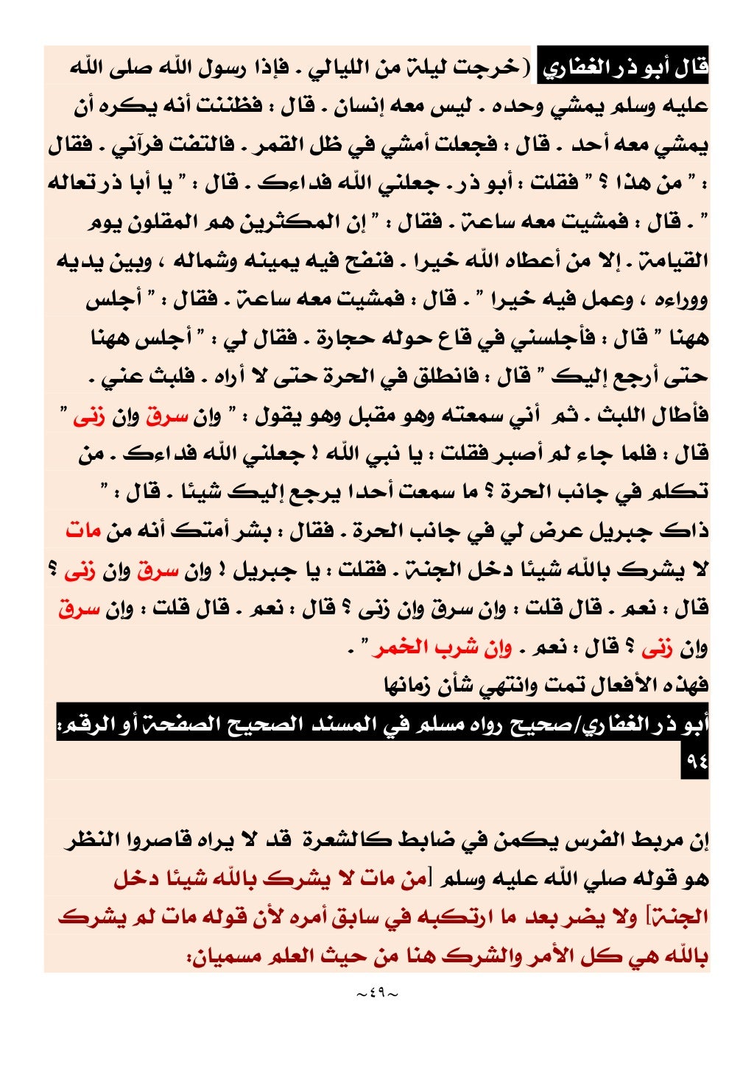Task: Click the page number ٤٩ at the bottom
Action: [x=376, y=994]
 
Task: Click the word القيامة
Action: [x=676, y=260]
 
